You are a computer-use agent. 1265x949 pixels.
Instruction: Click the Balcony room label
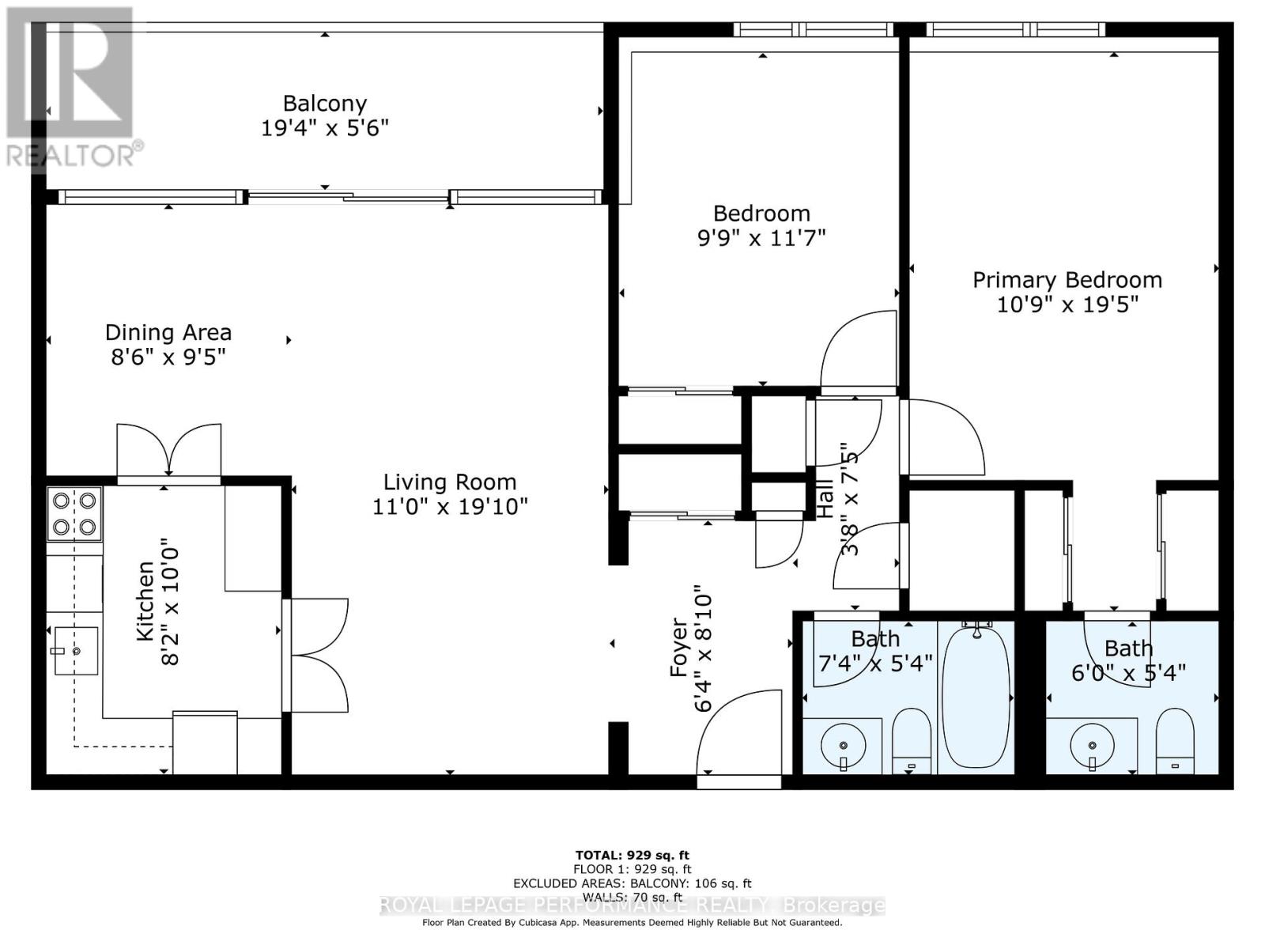pyautogui.click(x=325, y=104)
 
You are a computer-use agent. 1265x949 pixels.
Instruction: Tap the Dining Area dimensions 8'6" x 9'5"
pyautogui.click(x=168, y=357)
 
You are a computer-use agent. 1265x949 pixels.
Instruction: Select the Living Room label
pyautogui.click(x=449, y=482)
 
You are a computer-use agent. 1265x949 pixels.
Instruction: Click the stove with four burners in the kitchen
pyautogui.click(x=74, y=513)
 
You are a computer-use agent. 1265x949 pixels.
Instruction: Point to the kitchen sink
pyautogui.click(x=76, y=651)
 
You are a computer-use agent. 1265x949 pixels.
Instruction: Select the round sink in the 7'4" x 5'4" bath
pyautogui.click(x=843, y=745)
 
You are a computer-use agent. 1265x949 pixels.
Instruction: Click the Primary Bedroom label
pyautogui.click(x=1067, y=280)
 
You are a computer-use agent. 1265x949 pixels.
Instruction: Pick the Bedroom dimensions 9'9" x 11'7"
pyautogui.click(x=761, y=238)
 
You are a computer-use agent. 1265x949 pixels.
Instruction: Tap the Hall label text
pyautogui.click(x=825, y=498)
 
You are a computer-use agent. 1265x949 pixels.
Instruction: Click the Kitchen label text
pyautogui.click(x=145, y=601)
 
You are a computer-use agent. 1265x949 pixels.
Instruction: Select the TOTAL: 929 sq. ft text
pyautogui.click(x=632, y=855)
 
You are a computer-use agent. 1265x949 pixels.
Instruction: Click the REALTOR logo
pyautogui.click(x=71, y=87)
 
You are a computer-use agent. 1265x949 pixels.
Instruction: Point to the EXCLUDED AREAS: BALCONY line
pyautogui.click(x=632, y=883)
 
